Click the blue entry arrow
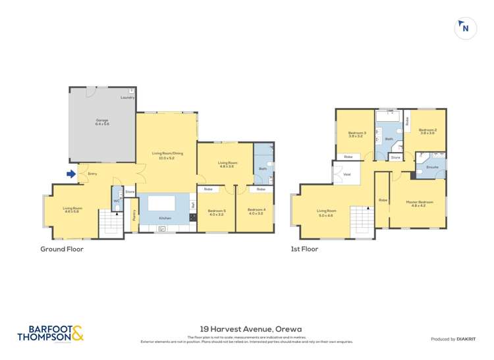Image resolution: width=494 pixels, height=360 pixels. pyautogui.click(x=70, y=174)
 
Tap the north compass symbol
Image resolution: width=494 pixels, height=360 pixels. pyautogui.click(x=466, y=28)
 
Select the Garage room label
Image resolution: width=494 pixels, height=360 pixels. pyautogui.click(x=102, y=122)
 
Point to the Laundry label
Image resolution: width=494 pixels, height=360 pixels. pyautogui.click(x=127, y=97)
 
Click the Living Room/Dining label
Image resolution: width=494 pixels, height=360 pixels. pyautogui.click(x=167, y=155)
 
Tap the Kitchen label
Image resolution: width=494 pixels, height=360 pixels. pyautogui.click(x=165, y=217)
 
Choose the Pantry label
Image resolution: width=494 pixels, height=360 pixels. pyautogui.click(x=134, y=215)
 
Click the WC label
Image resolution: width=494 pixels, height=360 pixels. pyautogui.click(x=116, y=201)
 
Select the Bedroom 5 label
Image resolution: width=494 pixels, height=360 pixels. pyautogui.click(x=217, y=211)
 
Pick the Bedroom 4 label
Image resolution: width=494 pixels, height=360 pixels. pyautogui.click(x=256, y=211)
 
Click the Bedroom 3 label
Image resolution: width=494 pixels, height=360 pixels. pyautogui.click(x=357, y=134)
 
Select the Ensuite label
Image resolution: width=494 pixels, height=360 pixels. pyautogui.click(x=432, y=168)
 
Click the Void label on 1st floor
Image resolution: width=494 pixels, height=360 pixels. pyautogui.click(x=346, y=174)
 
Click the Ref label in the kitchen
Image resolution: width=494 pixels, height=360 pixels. pyautogui.click(x=192, y=205)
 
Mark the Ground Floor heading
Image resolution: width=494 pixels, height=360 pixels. pyautogui.click(x=62, y=249)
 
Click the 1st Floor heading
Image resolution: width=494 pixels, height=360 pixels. pyautogui.click(x=304, y=249)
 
